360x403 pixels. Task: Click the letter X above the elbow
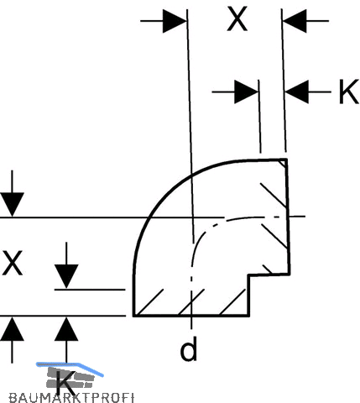[237, 19]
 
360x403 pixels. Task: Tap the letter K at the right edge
[349, 92]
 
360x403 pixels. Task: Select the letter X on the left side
[12, 263]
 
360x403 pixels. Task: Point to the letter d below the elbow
[189, 348]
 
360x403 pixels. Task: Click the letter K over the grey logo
[65, 383]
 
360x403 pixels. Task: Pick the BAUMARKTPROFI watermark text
[71, 398]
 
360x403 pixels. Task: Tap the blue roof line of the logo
[70, 367]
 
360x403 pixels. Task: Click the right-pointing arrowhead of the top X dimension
[175, 21]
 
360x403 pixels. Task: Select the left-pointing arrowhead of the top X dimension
[295, 21]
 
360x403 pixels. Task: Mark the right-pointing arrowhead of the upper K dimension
[247, 92]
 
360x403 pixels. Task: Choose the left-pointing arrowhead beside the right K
[297, 92]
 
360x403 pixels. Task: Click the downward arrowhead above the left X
[12, 205]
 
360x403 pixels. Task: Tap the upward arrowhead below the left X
[12, 328]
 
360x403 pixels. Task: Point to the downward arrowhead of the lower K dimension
[66, 276]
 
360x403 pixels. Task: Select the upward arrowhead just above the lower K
[66, 328]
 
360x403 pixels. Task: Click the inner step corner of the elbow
[249, 275]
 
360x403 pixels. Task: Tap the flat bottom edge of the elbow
[191, 315]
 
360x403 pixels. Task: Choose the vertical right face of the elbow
[288, 217]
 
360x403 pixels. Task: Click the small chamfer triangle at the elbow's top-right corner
[283, 163]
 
